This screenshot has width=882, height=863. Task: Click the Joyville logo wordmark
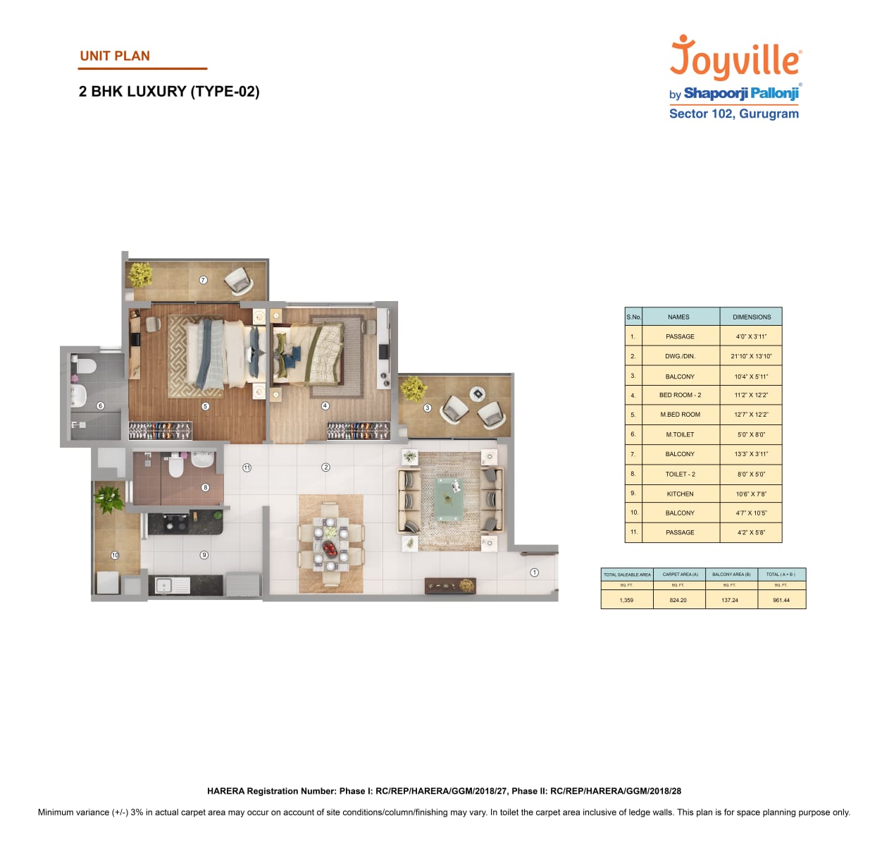pyautogui.click(x=735, y=59)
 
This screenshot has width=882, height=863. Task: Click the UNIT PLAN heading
pyautogui.click(x=115, y=56)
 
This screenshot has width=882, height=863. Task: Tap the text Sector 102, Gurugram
pyautogui.click(x=733, y=114)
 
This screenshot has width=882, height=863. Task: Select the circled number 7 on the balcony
pyautogui.click(x=203, y=280)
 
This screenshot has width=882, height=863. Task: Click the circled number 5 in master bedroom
pyautogui.click(x=205, y=406)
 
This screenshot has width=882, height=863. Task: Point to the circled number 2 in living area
pyautogui.click(x=325, y=467)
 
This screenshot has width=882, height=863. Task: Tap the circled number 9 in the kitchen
pyautogui.click(x=204, y=555)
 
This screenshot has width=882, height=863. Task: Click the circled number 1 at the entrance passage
pyautogui.click(x=534, y=573)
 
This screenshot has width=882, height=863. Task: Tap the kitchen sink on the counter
pyautogui.click(x=164, y=584)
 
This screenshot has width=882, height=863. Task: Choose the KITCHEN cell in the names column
pyautogui.click(x=680, y=494)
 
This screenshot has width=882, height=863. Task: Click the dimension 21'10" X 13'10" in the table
pyautogui.click(x=751, y=356)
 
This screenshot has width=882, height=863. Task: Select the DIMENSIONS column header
pyautogui.click(x=751, y=317)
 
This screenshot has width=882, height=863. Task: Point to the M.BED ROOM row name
pyautogui.click(x=680, y=415)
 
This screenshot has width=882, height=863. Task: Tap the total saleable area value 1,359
pyautogui.click(x=626, y=600)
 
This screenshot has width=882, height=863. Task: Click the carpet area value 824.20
pyautogui.click(x=678, y=600)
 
